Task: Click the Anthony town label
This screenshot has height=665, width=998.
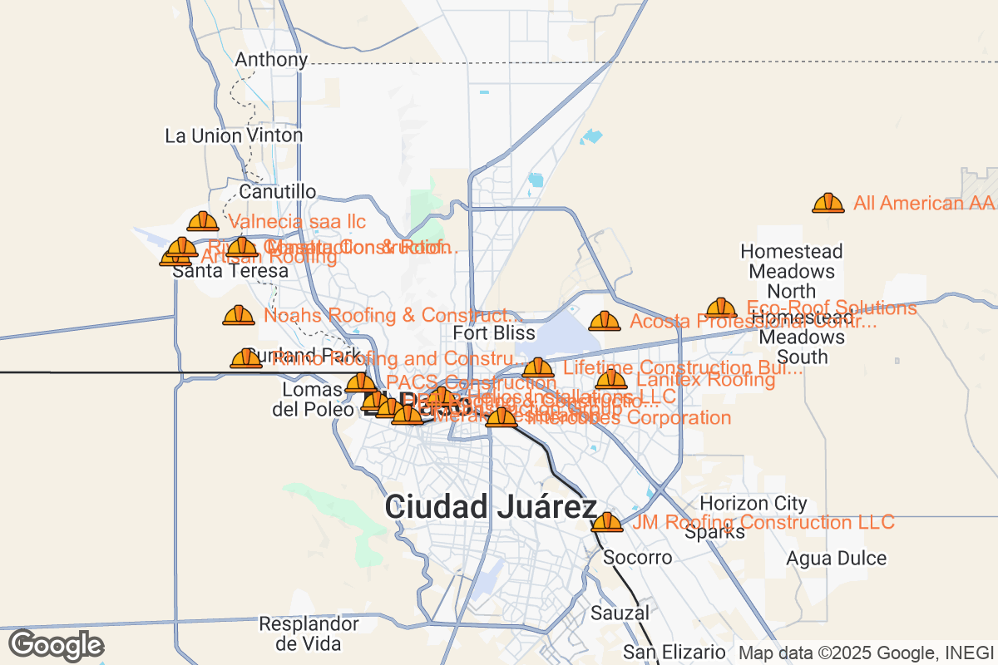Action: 271,60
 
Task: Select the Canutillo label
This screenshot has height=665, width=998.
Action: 278,192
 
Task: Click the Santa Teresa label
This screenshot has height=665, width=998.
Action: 230,271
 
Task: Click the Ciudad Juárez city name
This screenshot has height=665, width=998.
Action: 491,507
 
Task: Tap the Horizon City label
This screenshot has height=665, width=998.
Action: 753,503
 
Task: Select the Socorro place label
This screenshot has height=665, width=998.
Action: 638,557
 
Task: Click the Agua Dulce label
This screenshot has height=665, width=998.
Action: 837,558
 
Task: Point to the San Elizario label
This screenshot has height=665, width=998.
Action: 674,652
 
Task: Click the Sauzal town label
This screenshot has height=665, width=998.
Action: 620,613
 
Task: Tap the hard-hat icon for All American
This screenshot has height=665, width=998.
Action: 828,203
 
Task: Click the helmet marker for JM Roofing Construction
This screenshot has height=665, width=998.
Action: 606,522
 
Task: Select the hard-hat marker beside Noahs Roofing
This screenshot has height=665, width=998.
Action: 239,315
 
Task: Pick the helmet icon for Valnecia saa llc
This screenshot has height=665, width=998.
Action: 203,221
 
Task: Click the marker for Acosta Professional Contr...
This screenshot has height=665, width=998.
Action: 605,321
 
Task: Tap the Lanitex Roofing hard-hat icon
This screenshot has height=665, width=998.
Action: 611,379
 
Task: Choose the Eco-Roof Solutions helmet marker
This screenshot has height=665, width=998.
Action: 721,308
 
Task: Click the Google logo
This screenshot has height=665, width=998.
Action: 56,645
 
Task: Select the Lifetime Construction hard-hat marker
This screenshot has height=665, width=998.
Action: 538,367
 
